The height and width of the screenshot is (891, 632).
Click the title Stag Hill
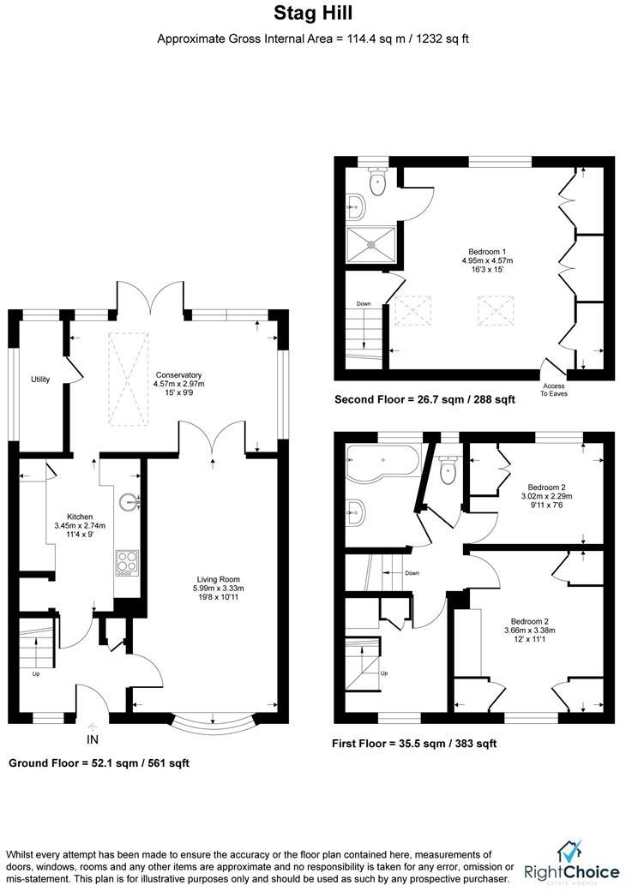[313, 13]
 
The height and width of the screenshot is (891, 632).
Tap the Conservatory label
[178, 375]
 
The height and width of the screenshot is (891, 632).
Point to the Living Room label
[219, 579]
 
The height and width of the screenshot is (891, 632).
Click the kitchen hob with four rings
[127, 561]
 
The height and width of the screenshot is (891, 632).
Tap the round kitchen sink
[129, 501]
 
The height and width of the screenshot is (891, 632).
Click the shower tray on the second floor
[371, 242]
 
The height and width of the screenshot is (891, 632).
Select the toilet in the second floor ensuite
[376, 181]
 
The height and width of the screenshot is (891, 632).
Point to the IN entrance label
[93, 738]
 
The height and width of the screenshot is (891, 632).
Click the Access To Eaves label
[554, 389]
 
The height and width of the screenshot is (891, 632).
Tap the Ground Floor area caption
[99, 762]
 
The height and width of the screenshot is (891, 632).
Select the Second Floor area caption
[424, 399]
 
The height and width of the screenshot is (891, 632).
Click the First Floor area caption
[414, 744]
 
